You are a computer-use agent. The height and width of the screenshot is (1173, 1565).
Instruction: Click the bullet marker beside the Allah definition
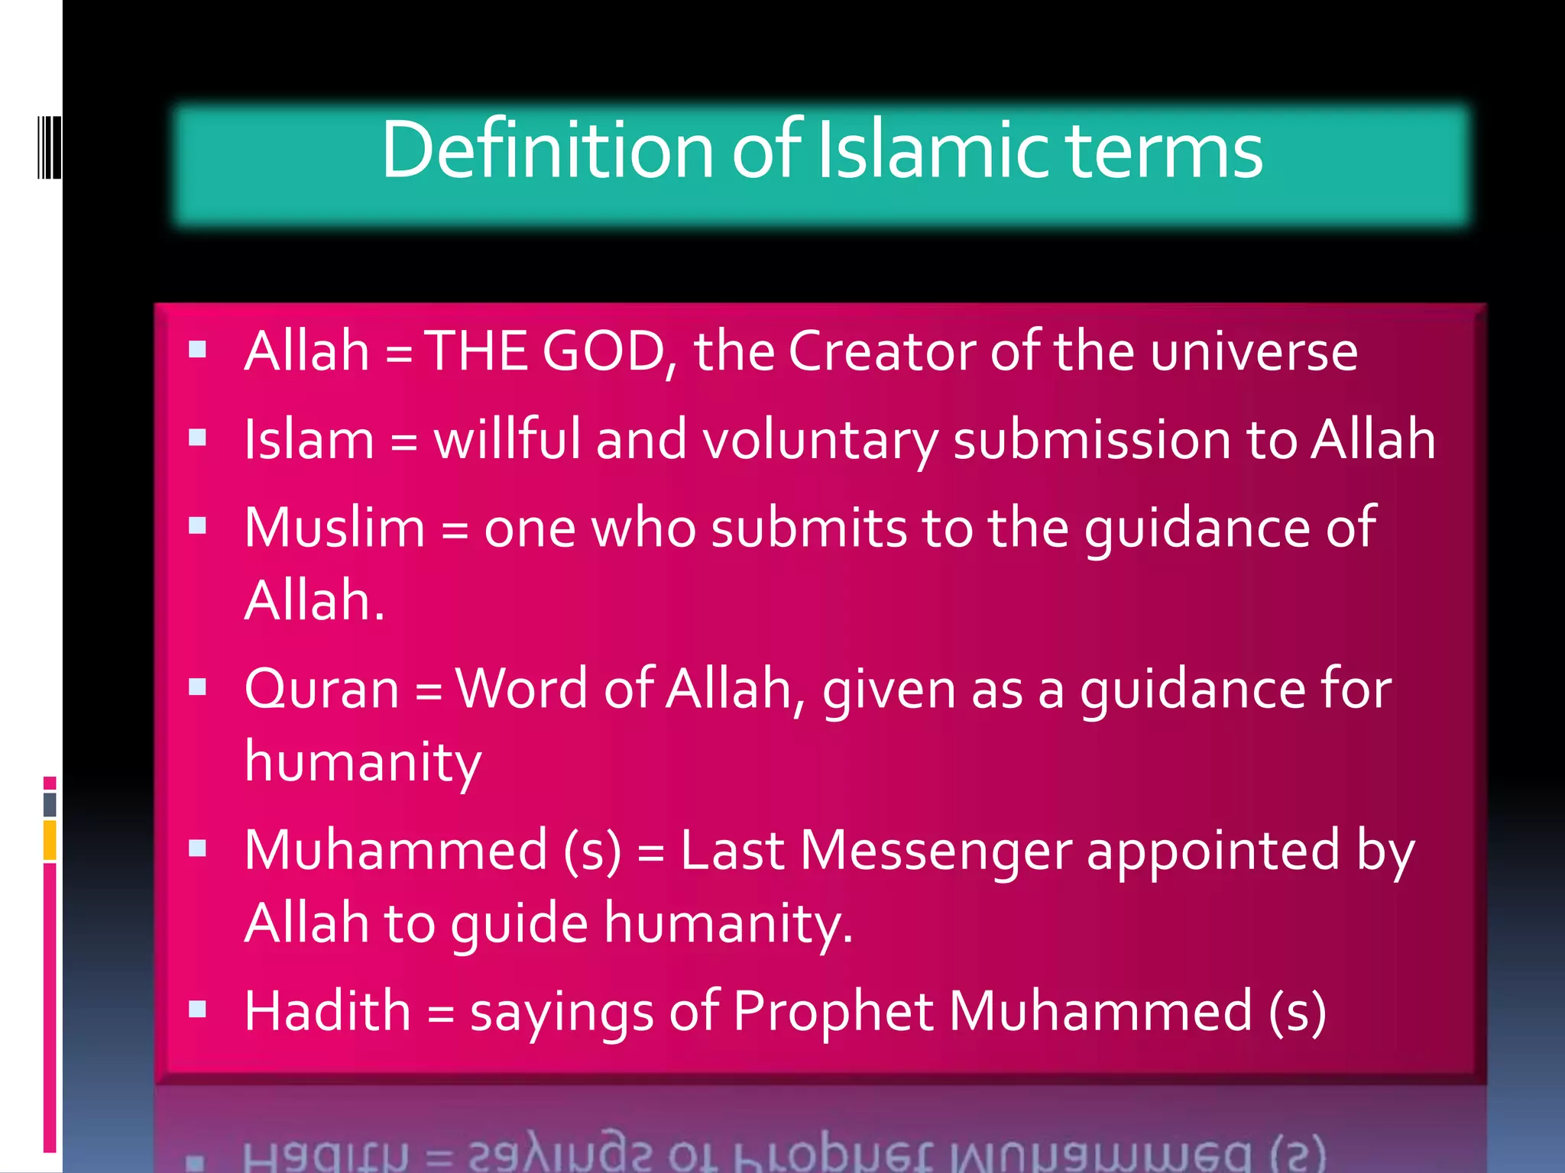point(198,350)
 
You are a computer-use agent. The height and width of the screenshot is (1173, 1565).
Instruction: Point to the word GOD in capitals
point(603,351)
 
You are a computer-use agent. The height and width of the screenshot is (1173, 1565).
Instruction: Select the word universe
point(1253,353)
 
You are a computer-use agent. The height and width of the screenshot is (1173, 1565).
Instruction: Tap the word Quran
point(322,689)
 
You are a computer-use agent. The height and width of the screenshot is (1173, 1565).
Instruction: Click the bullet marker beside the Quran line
point(198,687)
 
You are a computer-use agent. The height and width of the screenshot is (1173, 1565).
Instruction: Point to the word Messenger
point(936,851)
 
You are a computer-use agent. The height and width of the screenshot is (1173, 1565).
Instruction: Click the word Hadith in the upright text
point(327,1011)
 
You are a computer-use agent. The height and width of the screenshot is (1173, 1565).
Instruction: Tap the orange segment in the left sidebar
point(50,840)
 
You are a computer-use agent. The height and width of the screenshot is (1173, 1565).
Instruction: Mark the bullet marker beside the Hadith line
point(198,1009)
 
